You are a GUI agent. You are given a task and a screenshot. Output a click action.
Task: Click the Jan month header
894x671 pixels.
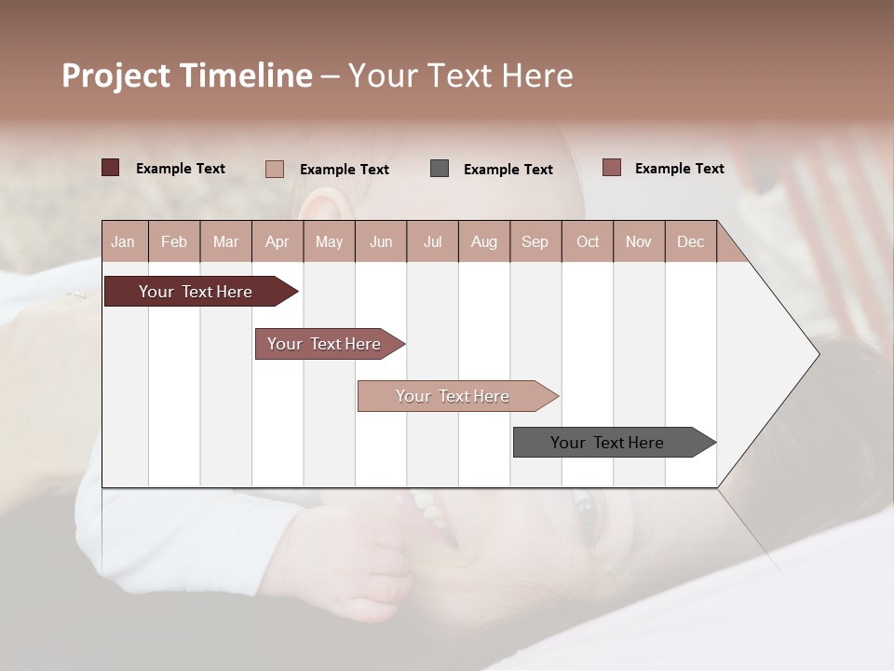[123, 241]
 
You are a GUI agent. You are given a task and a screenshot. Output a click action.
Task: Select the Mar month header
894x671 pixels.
[225, 241]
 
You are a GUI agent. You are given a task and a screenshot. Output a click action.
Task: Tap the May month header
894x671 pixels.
[329, 241]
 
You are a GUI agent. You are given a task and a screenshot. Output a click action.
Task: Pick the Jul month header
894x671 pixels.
[432, 241]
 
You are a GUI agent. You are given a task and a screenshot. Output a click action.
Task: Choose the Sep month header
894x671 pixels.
[535, 241]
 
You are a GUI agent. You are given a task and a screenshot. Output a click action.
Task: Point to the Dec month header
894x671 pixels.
[690, 241]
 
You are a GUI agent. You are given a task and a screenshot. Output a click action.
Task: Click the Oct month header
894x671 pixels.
[588, 241]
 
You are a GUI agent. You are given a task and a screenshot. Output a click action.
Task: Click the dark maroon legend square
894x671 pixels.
[111, 168]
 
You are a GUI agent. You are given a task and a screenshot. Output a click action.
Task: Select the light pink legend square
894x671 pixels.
[274, 169]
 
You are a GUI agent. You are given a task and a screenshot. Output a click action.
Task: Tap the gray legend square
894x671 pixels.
[440, 169]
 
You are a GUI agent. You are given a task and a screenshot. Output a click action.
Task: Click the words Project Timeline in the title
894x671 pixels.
[186, 75]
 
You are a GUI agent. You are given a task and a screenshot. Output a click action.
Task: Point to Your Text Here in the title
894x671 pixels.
[460, 75]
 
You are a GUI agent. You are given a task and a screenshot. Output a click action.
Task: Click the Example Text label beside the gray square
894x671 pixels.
[508, 170]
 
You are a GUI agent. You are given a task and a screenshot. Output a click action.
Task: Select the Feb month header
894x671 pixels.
[174, 241]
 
